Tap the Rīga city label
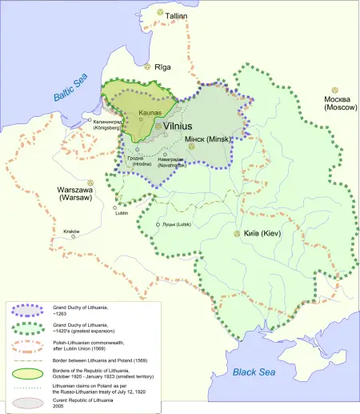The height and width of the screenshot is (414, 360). [164, 69]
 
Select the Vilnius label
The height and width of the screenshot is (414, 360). [183, 127]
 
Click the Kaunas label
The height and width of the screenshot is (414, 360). [150, 115]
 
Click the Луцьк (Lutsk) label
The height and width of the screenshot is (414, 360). [178, 224]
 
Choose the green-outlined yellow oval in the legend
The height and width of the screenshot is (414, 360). [28, 374]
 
